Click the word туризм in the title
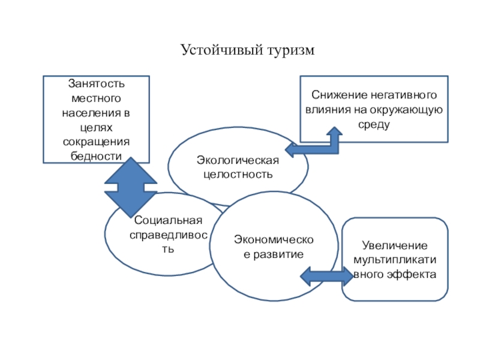[x=287, y=50]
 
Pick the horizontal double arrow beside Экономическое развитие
[x=326, y=275]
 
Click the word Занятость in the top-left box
[x=97, y=85]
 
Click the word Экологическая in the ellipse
[x=238, y=160]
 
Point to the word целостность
[x=238, y=175]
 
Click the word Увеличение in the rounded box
[x=394, y=247]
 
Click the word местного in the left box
[x=97, y=99]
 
